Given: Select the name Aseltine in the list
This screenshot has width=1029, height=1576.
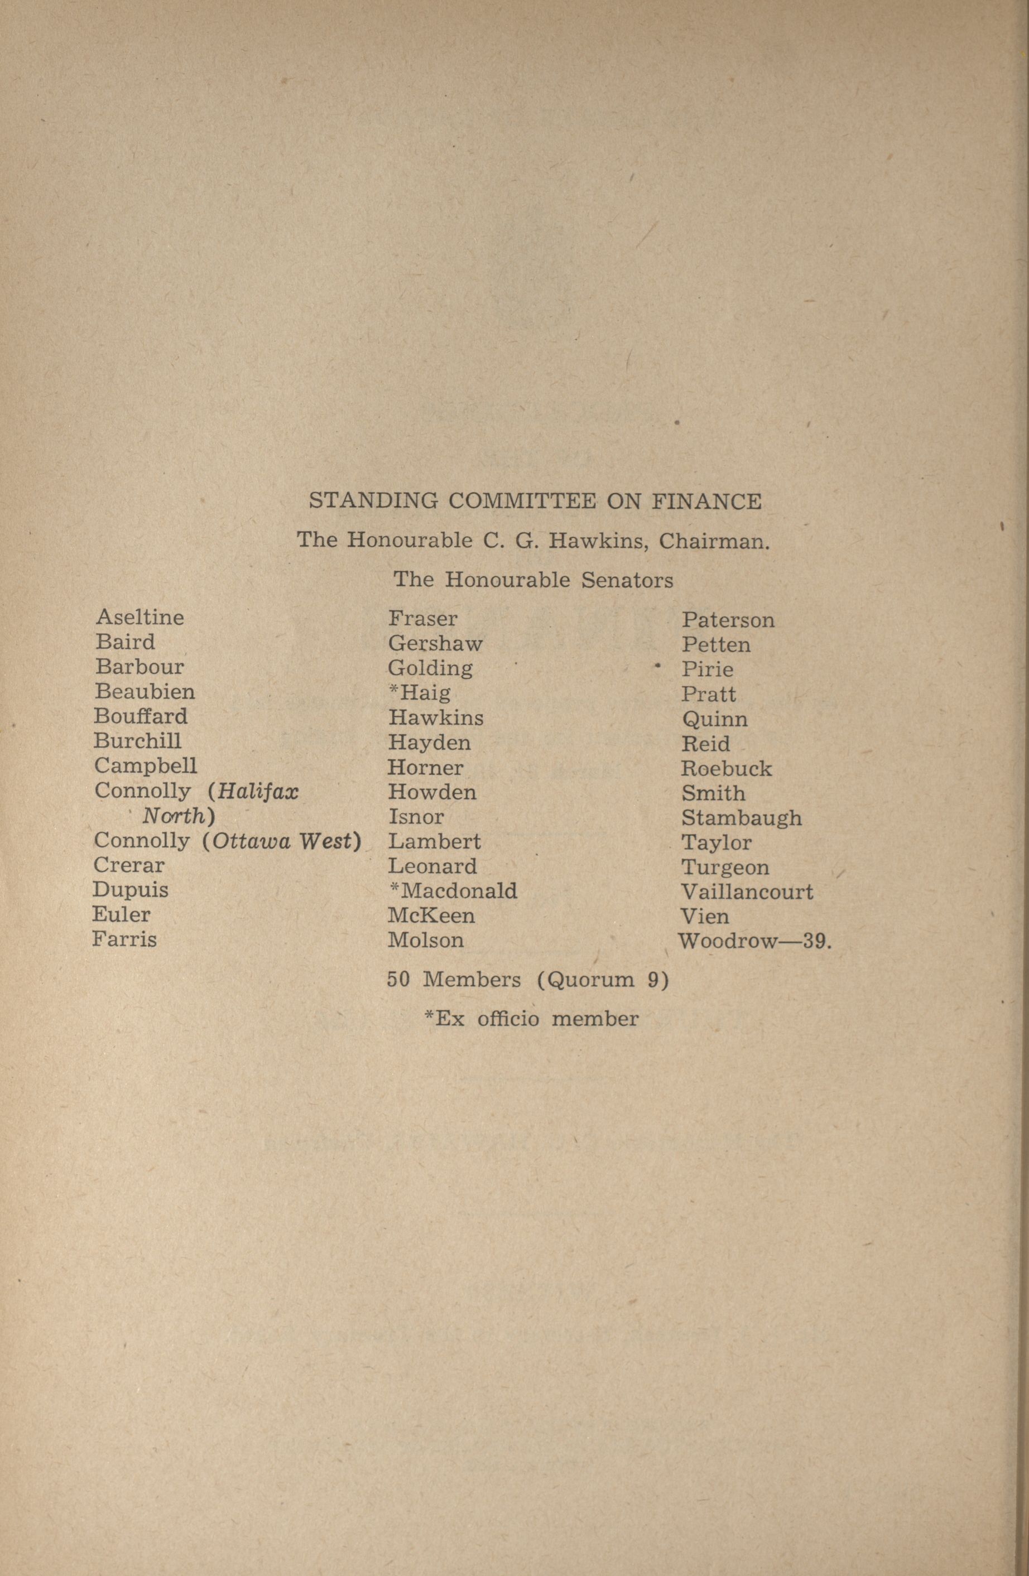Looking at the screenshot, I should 140,617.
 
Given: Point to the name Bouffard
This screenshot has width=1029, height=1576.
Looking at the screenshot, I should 141,716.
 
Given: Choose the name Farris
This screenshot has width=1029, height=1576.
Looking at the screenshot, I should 124,939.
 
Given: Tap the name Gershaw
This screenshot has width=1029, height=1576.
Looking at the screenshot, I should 435,644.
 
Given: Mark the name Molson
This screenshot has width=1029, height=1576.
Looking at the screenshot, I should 425,941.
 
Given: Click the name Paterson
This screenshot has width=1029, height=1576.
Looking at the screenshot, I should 728,620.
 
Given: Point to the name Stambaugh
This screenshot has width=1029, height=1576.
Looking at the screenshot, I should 741,818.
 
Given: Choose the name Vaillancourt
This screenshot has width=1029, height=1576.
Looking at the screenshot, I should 746,893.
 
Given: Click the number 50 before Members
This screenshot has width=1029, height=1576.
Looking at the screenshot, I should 398,980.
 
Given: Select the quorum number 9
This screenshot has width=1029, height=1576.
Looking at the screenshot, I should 653,980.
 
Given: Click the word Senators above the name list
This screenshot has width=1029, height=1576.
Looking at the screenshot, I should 627,580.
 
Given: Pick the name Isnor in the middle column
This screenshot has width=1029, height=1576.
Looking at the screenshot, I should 416,817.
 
